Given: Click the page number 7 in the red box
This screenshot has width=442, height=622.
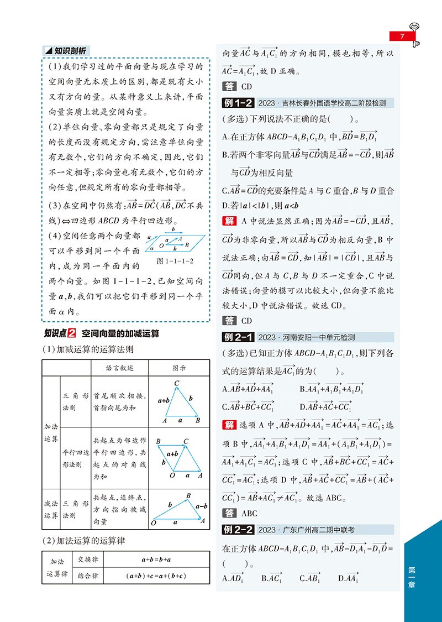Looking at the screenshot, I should tap(402, 36).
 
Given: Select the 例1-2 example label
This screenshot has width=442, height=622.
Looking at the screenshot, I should tap(237, 103).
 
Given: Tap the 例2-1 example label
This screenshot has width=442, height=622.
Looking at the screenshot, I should tap(237, 337).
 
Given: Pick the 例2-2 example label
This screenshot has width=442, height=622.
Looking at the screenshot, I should tap(237, 530).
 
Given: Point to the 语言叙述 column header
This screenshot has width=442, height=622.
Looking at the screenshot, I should tap(120, 368).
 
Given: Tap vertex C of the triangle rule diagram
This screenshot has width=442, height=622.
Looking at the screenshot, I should tap(176, 384).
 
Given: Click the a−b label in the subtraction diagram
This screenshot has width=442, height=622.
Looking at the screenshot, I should tap(201, 506).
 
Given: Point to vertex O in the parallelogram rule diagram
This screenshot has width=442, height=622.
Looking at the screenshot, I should tap(172, 475).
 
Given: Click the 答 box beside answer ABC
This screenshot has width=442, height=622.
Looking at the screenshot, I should tap(230, 513).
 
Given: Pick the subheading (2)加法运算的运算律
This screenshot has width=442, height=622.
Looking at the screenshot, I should tap(83, 541).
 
